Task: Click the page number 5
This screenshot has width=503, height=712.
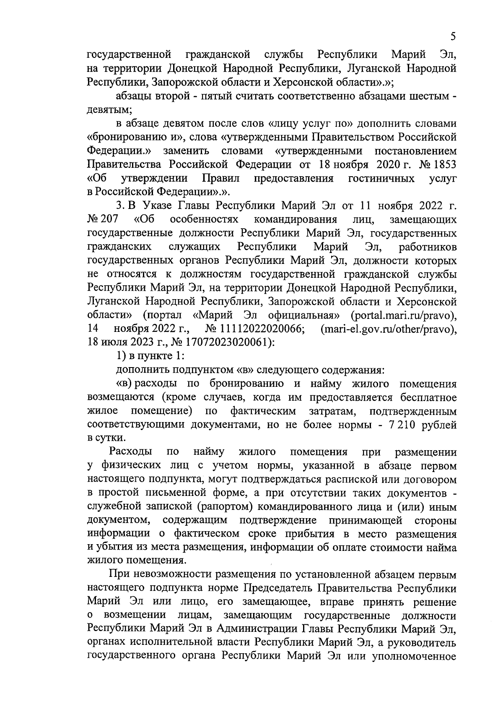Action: click(x=453, y=37)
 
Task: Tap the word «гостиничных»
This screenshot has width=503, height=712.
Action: click(x=381, y=178)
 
